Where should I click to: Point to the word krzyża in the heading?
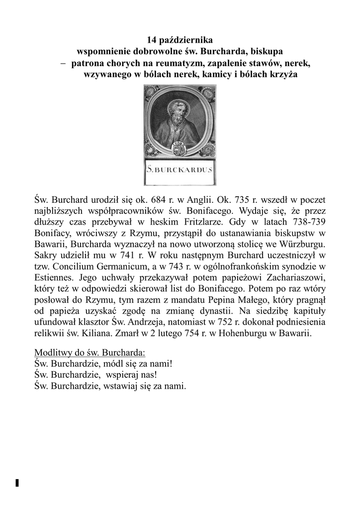click(282, 75)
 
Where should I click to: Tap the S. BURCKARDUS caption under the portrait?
click(180, 170)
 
